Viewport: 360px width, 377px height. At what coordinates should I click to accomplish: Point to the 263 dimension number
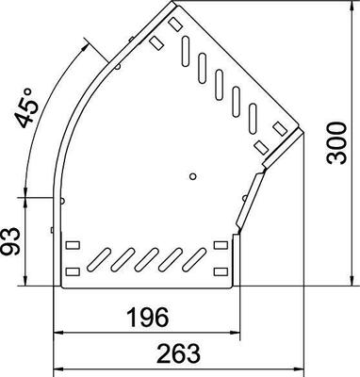(x=178, y=353)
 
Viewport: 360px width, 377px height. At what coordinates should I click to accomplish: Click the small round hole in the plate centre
(x=191, y=175)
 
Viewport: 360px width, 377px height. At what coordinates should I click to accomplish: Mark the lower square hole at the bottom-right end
(x=221, y=270)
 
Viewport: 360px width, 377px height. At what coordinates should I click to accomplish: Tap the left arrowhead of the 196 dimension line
(x=57, y=333)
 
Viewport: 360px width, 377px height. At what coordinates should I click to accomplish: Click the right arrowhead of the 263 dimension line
(x=301, y=368)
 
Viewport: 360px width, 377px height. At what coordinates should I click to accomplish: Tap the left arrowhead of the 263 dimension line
(x=57, y=368)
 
